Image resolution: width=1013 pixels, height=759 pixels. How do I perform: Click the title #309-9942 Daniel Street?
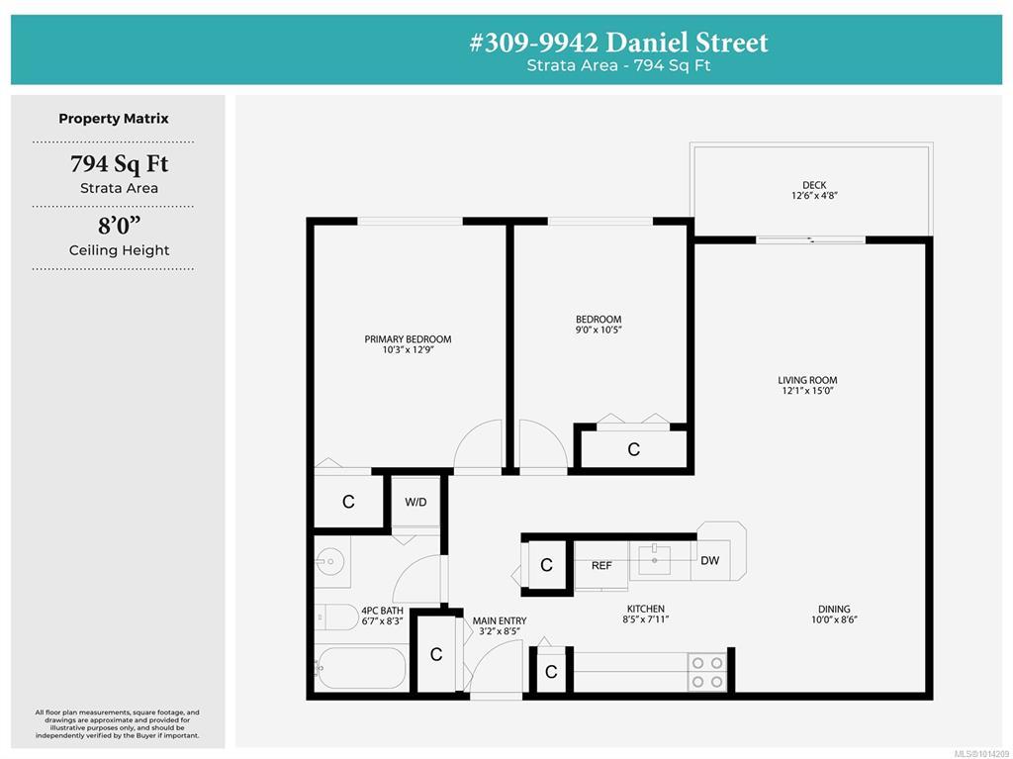tap(618, 43)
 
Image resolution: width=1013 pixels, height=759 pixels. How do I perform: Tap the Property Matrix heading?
tap(114, 119)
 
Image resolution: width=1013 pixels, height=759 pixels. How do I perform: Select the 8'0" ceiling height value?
tap(119, 226)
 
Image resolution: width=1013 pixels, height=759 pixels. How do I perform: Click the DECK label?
tap(814, 185)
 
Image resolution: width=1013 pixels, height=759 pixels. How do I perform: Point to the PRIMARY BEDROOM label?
tap(408, 338)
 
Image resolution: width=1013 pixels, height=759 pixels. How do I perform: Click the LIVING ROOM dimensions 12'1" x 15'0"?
tap(807, 391)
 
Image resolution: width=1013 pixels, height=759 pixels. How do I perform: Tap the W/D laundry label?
tap(415, 503)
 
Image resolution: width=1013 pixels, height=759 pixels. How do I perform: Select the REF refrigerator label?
tap(601, 566)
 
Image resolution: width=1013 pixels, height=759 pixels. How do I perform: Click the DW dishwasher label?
tap(709, 560)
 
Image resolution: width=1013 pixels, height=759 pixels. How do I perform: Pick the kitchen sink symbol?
tap(655, 560)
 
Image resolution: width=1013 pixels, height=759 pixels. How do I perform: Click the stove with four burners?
tap(706, 672)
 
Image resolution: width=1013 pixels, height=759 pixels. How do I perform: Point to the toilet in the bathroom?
tap(336, 617)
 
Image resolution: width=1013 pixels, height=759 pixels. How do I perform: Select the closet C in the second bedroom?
tap(634, 449)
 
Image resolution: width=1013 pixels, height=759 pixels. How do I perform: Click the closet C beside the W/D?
tap(348, 502)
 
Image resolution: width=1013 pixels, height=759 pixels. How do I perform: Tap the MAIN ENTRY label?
tap(500, 620)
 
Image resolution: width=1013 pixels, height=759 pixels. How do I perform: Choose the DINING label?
tap(834, 609)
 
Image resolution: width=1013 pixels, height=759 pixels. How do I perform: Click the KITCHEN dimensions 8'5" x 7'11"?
tap(645, 619)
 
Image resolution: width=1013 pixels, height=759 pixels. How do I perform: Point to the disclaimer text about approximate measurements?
tap(118, 724)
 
